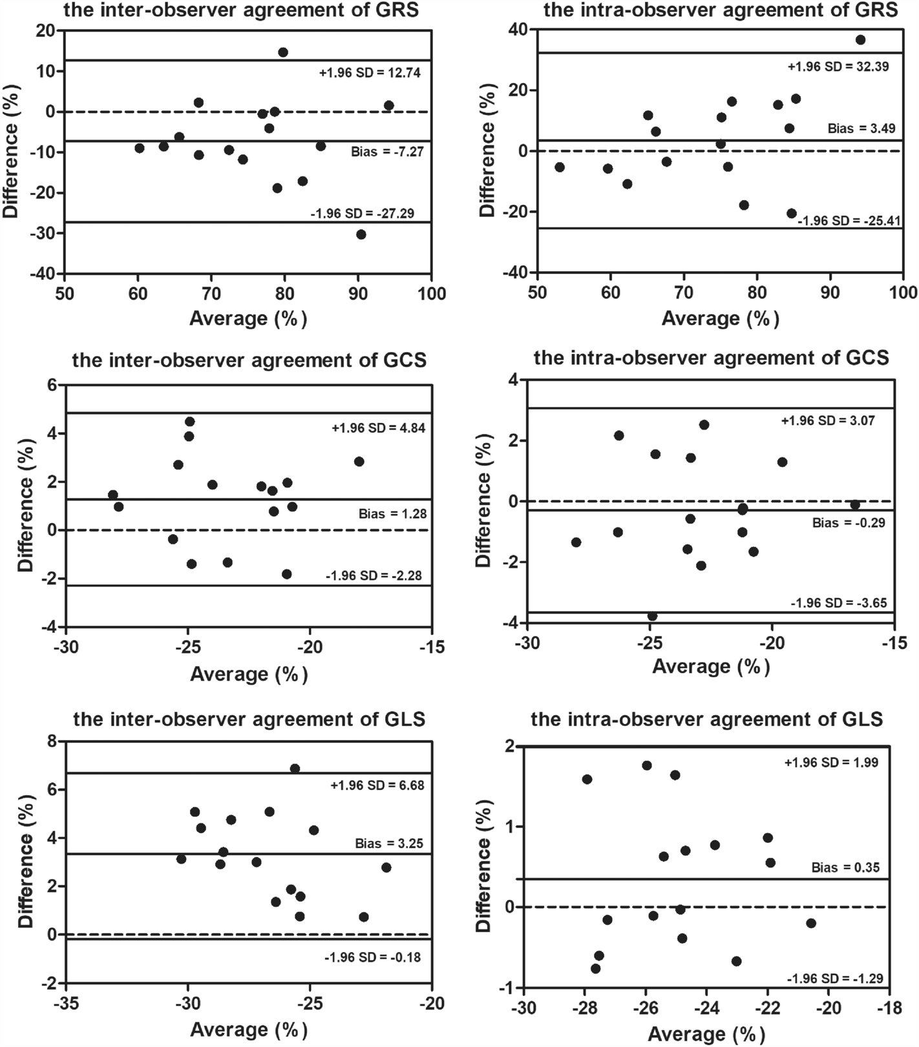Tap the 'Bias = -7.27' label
386,152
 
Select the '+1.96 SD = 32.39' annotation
841,67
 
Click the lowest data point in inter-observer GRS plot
361,234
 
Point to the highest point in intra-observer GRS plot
860,40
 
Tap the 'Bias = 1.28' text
392,514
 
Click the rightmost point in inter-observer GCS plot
359,462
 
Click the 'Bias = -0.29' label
849,523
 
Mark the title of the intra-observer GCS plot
711,357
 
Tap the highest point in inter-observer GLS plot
295,769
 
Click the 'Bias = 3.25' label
388,844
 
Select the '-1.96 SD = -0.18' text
372,957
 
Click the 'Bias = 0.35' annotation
845,867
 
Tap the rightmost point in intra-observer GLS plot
811,924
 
